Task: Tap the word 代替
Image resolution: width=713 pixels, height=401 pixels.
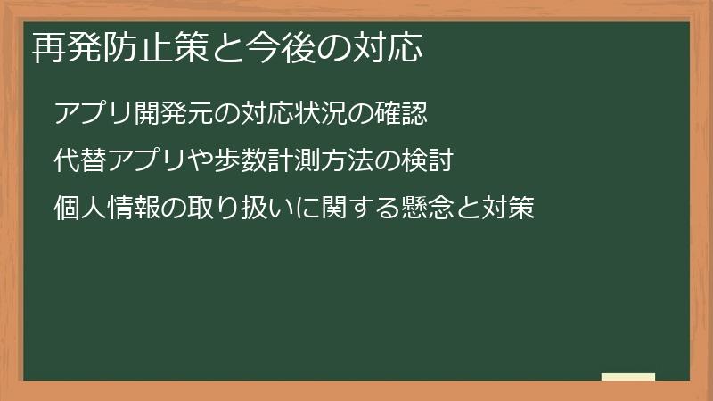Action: pyautogui.click(x=78, y=163)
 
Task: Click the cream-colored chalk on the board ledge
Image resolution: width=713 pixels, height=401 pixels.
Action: pyautogui.click(x=627, y=378)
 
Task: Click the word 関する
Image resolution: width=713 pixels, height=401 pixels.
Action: pyautogui.click(x=356, y=211)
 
